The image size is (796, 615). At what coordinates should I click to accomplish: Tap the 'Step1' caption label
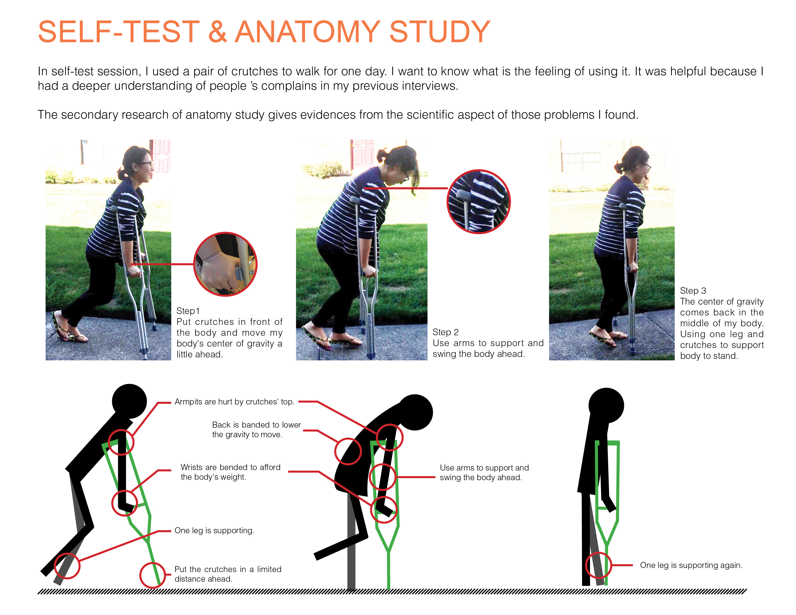(188, 311)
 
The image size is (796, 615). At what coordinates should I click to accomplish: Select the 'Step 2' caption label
(445, 332)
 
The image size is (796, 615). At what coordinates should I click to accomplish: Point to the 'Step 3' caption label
(693, 291)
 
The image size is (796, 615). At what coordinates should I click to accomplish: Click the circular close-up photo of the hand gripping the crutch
(225, 264)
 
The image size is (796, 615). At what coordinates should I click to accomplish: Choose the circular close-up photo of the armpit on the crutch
(479, 201)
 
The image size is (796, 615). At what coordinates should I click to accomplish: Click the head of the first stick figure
(129, 401)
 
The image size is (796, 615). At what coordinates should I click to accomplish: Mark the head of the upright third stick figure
(606, 405)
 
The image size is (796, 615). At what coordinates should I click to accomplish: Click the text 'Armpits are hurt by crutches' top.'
(234, 402)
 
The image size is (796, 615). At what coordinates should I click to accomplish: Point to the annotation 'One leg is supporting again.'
(691, 565)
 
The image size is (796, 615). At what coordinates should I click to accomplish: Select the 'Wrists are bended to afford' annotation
(231, 467)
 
